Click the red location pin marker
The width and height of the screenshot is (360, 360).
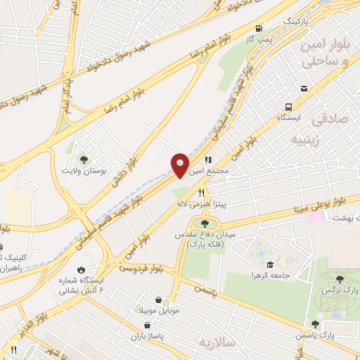(180, 165)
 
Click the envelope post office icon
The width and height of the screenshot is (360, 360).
(304, 89)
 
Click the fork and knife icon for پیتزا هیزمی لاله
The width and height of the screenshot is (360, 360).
(201, 192)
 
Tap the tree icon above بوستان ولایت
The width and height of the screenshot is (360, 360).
(84, 159)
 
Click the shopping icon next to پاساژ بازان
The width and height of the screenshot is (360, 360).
(147, 324)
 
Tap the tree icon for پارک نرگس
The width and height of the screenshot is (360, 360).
(340, 279)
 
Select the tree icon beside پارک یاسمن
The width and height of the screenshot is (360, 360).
(316, 324)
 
